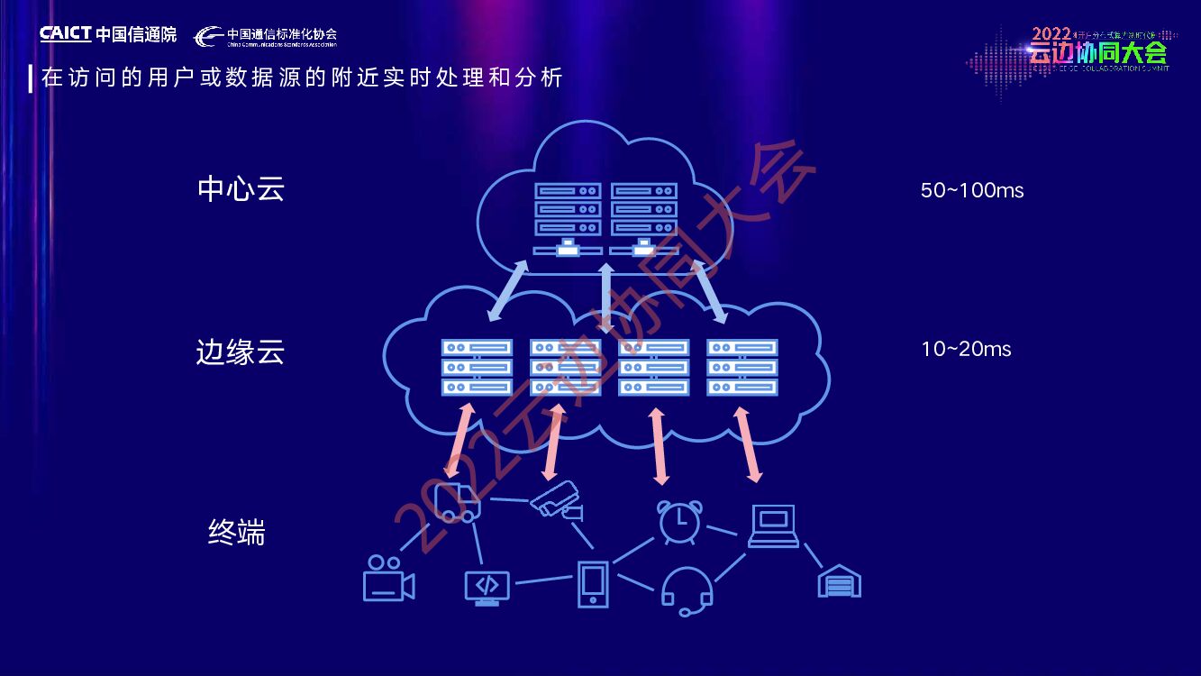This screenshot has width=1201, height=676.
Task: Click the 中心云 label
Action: click(241, 189)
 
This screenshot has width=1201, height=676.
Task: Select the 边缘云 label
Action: click(240, 352)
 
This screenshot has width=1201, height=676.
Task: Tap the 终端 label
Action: click(236, 533)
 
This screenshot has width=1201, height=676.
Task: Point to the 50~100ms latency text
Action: click(972, 191)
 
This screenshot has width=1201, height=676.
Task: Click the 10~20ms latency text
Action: click(966, 349)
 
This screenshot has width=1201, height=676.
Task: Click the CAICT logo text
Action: click(66, 34)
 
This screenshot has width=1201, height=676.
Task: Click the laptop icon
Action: click(774, 526)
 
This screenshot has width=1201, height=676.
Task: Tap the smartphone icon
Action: click(592, 583)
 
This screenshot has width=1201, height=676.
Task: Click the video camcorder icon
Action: click(388, 579)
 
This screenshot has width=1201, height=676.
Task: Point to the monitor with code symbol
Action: click(487, 587)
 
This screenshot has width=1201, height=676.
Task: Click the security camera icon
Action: click(557, 501)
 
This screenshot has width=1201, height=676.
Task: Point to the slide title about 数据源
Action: click(302, 78)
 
